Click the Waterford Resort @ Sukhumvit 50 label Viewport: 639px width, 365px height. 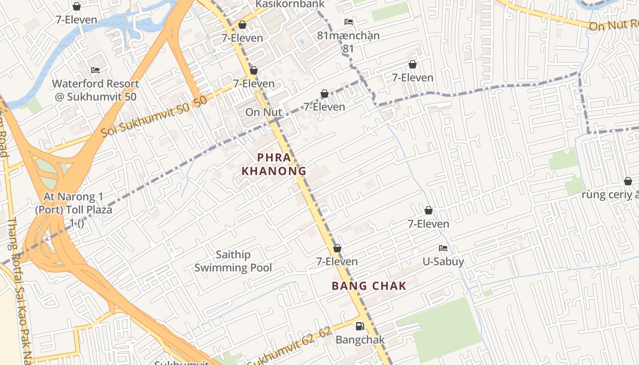click(x=95, y=90)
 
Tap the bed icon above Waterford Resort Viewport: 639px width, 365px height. click(x=95, y=70)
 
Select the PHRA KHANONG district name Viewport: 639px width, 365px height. click(x=273, y=164)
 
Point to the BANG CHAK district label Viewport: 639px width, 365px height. click(x=369, y=286)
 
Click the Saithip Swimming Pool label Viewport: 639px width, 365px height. click(x=233, y=261)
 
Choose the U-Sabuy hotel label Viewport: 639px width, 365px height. click(x=443, y=261)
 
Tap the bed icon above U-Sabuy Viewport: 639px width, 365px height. click(x=443, y=248)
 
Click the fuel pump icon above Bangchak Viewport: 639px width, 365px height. click(x=360, y=326)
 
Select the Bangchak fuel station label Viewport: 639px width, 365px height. click(x=360, y=340)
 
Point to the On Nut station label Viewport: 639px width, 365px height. click(x=264, y=112)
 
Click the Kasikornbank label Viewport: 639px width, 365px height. click(x=290, y=4)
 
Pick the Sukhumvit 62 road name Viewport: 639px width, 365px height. click(x=290, y=348)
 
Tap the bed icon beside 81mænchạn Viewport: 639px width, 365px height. click(x=349, y=22)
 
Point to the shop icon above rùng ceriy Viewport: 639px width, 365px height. click(x=628, y=181)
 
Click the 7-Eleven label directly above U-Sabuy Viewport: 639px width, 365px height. click(x=428, y=224)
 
